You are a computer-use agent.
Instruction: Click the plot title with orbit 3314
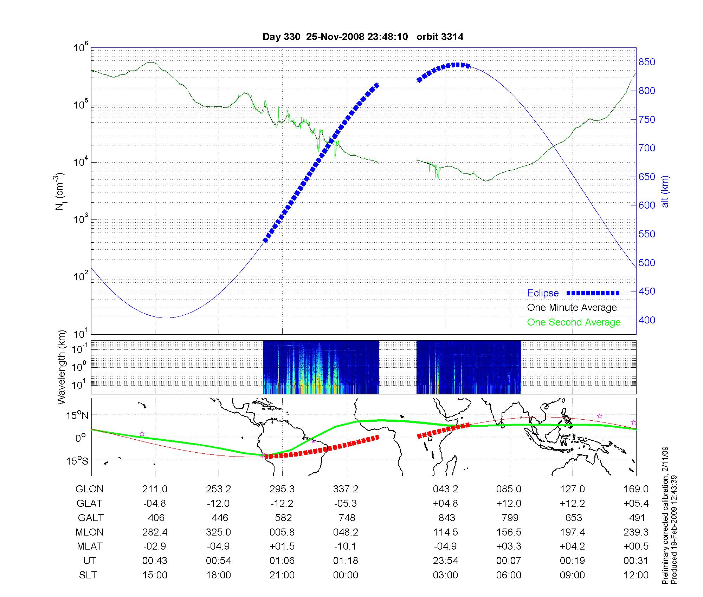[363, 37]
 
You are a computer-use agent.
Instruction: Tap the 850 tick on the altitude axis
[647, 62]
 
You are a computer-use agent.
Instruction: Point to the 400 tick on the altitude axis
[647, 320]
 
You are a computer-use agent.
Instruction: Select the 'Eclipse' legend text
[543, 293]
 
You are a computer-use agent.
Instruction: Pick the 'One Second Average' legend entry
[574, 322]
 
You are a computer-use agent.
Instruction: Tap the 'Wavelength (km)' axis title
[61, 367]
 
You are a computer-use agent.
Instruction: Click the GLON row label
[90, 489]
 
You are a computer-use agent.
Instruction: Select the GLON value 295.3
[282, 489]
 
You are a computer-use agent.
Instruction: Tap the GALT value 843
[447, 518]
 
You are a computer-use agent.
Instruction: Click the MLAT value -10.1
[346, 546]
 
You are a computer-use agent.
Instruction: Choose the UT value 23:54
[446, 561]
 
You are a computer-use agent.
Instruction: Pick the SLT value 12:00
[636, 575]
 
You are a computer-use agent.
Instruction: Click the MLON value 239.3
[636, 532]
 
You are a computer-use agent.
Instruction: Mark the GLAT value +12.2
[572, 503]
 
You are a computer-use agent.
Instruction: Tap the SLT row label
[88, 575]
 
